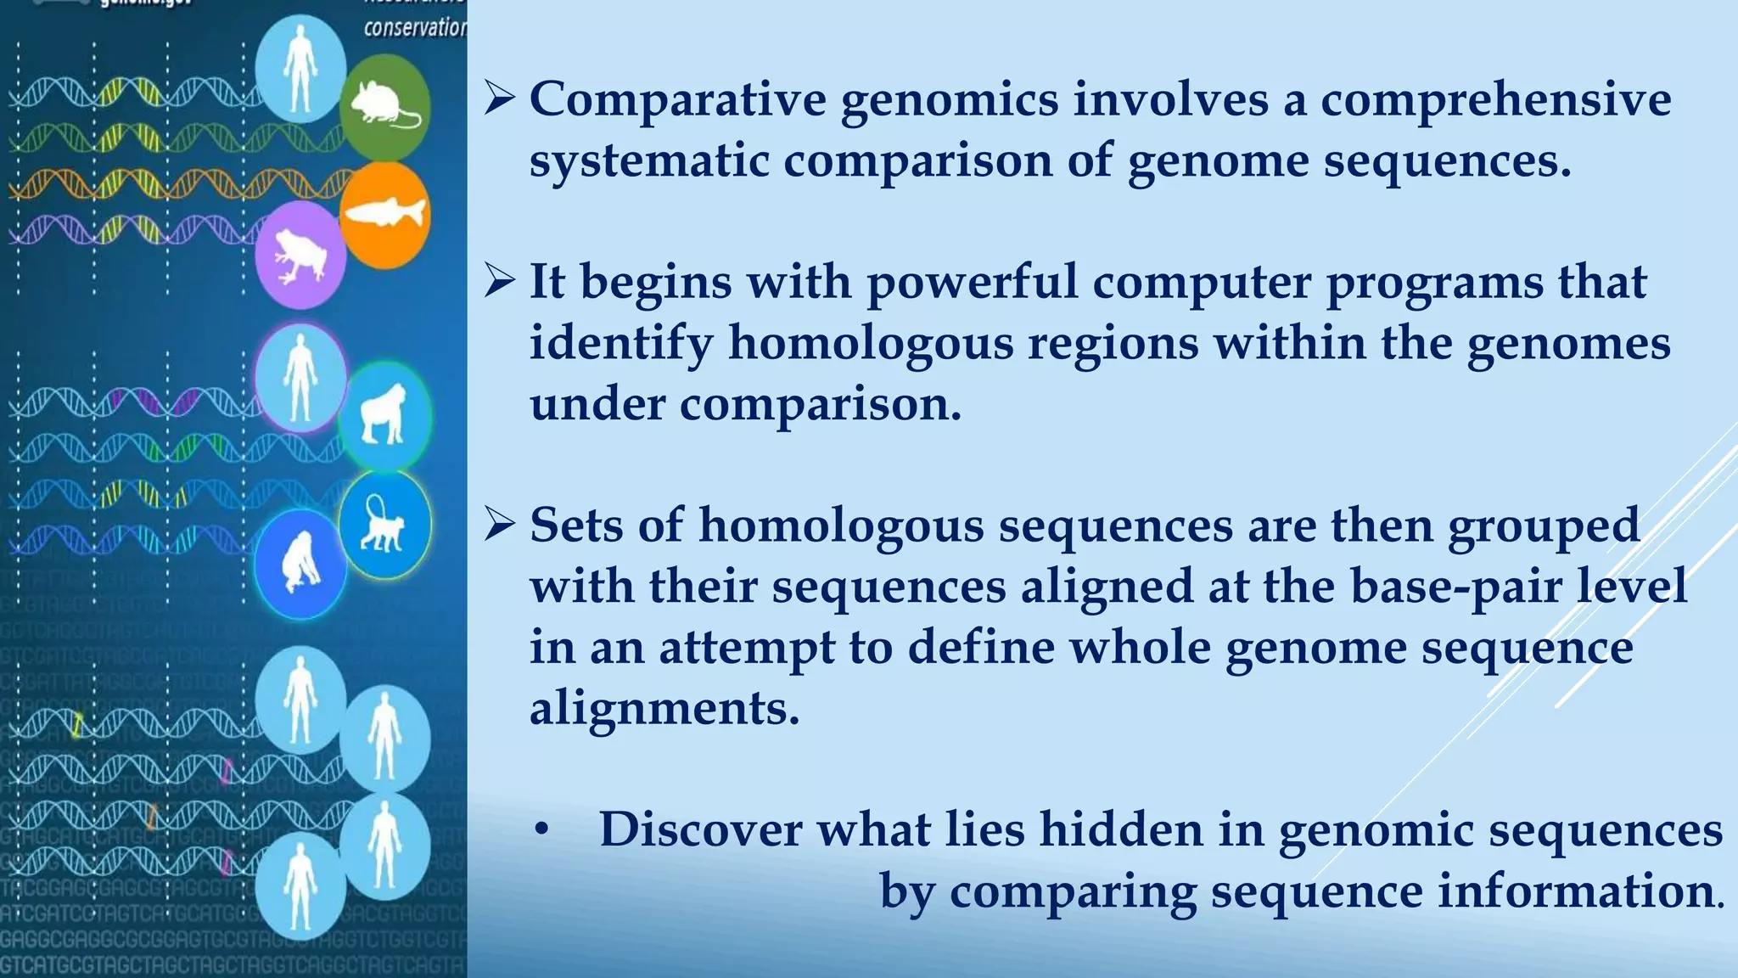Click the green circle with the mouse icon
pyautogui.click(x=384, y=107)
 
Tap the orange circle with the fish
pyautogui.click(x=384, y=215)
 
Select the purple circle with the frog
pyautogui.click(x=300, y=255)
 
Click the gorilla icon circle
pyautogui.click(x=384, y=415)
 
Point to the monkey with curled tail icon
pyautogui.click(x=384, y=524)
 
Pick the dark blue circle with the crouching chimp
pyautogui.click(x=300, y=564)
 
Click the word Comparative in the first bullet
pyautogui.click(x=677, y=99)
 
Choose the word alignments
pyautogui.click(x=664, y=708)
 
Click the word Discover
pyautogui.click(x=700, y=829)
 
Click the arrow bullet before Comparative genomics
pyautogui.click(x=500, y=99)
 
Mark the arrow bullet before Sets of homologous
pyautogui.click(x=500, y=526)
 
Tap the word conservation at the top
pyautogui.click(x=415, y=28)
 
